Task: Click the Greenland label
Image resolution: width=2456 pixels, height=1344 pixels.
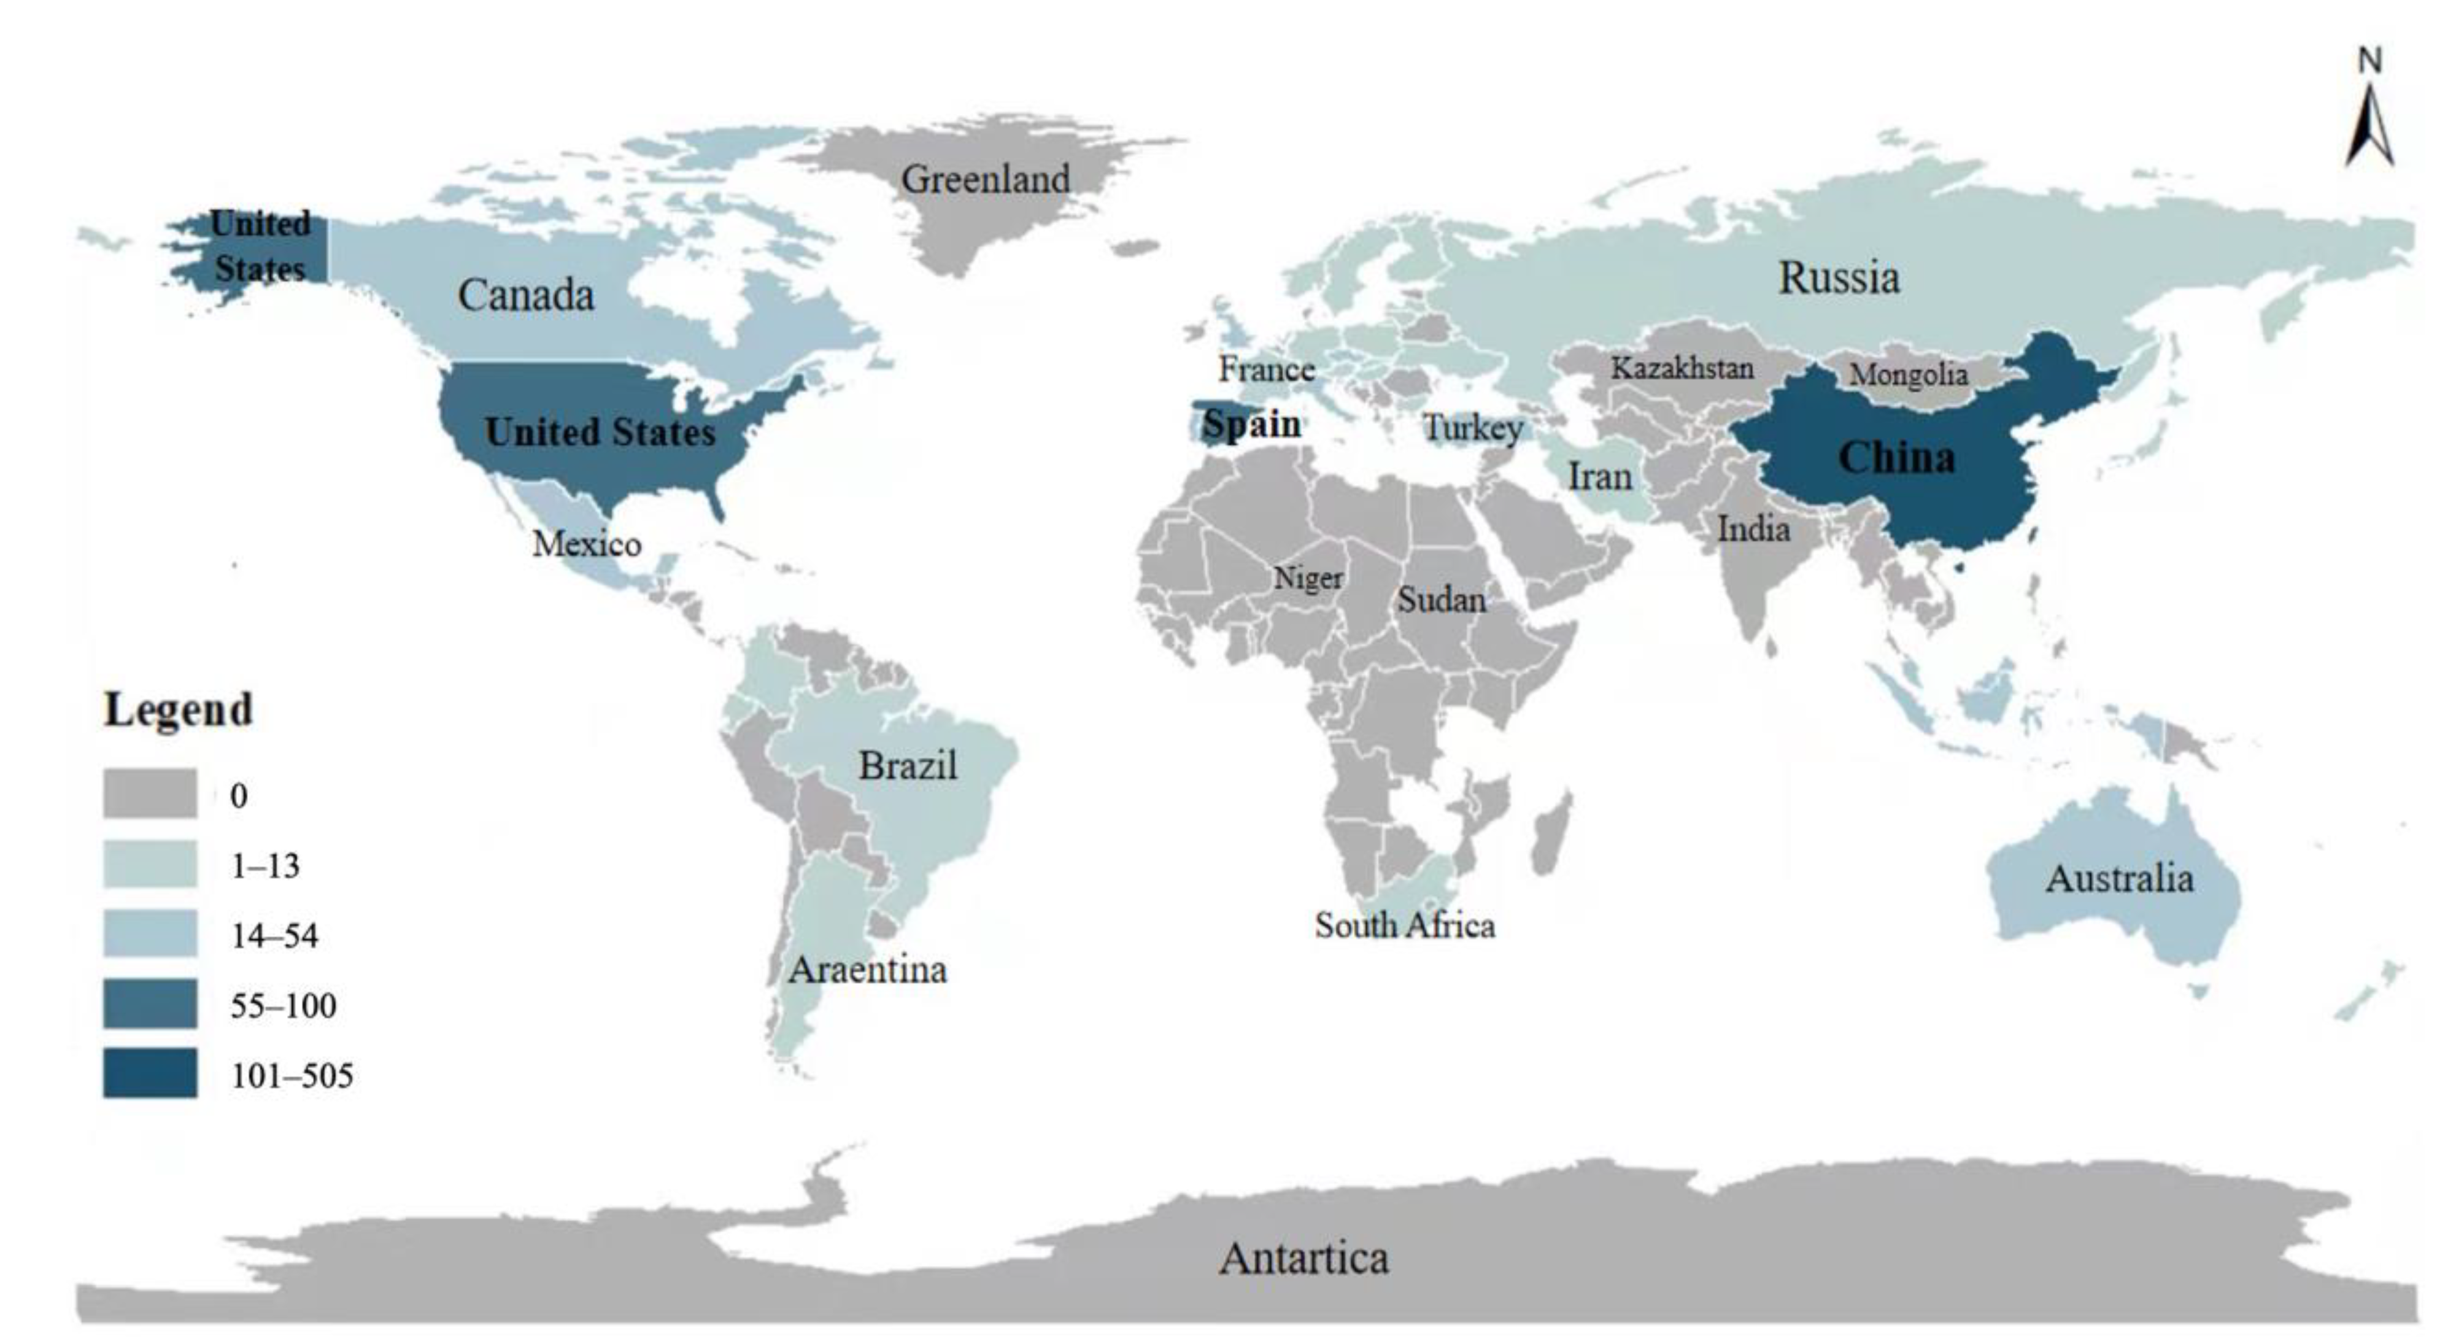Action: (985, 179)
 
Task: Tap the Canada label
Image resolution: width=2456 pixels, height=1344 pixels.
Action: (525, 295)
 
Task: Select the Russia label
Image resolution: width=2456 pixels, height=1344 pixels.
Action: (1838, 279)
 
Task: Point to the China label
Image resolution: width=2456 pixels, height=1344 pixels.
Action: (1895, 458)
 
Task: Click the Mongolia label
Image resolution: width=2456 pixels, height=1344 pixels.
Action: (1909, 374)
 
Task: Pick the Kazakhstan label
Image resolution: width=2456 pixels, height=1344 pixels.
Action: (1682, 368)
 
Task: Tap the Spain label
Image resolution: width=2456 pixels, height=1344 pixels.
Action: (1251, 424)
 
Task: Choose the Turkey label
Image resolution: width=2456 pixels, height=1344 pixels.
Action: (1472, 428)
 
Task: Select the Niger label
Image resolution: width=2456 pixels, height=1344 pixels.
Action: (1308, 577)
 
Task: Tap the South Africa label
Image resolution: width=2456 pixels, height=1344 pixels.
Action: (1404, 925)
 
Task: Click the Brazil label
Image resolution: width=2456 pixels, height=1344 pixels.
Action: (906, 765)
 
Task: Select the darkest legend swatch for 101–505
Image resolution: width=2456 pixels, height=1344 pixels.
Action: (150, 1073)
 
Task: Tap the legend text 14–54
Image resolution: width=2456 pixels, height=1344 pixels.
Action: (274, 936)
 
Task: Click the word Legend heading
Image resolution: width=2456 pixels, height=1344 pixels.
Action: (179, 710)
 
